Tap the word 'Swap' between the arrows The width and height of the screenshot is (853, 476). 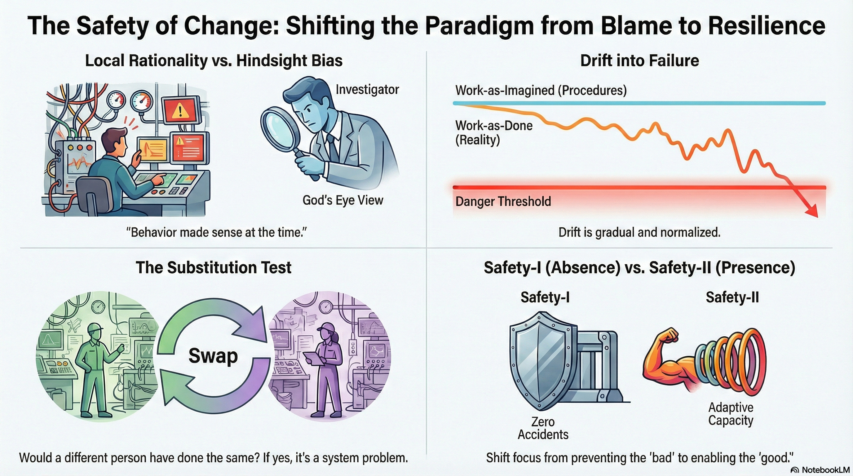point(213,356)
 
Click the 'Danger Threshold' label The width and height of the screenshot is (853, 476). point(503,201)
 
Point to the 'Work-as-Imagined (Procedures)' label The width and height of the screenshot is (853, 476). point(541,90)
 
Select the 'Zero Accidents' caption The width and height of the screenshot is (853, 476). point(543,428)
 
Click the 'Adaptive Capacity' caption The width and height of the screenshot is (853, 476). point(731,414)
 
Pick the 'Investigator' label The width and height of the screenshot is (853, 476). point(367,89)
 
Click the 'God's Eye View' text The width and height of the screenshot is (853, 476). point(343,200)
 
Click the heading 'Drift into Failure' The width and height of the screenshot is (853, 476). point(639,60)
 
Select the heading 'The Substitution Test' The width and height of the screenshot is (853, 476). point(214,267)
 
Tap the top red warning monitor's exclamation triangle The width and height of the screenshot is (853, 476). point(180,110)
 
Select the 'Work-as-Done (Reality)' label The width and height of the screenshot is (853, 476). point(494,132)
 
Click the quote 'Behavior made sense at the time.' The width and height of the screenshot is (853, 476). point(217,232)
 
